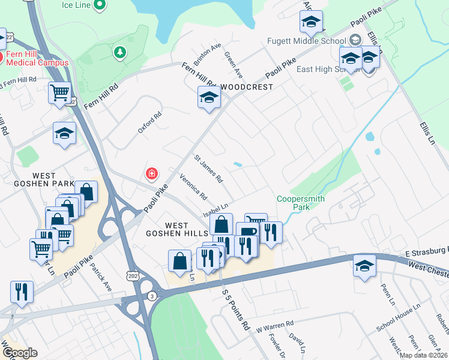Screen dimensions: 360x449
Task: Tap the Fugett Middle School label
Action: (308, 41)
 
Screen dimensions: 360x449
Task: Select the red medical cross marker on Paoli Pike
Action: (152, 174)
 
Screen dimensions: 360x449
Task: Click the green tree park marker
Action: (120, 53)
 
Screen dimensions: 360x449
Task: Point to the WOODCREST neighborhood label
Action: (246, 87)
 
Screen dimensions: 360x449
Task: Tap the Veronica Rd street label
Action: (193, 187)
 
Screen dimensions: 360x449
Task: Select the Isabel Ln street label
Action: (217, 208)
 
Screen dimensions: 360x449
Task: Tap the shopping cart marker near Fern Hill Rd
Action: (60, 92)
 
